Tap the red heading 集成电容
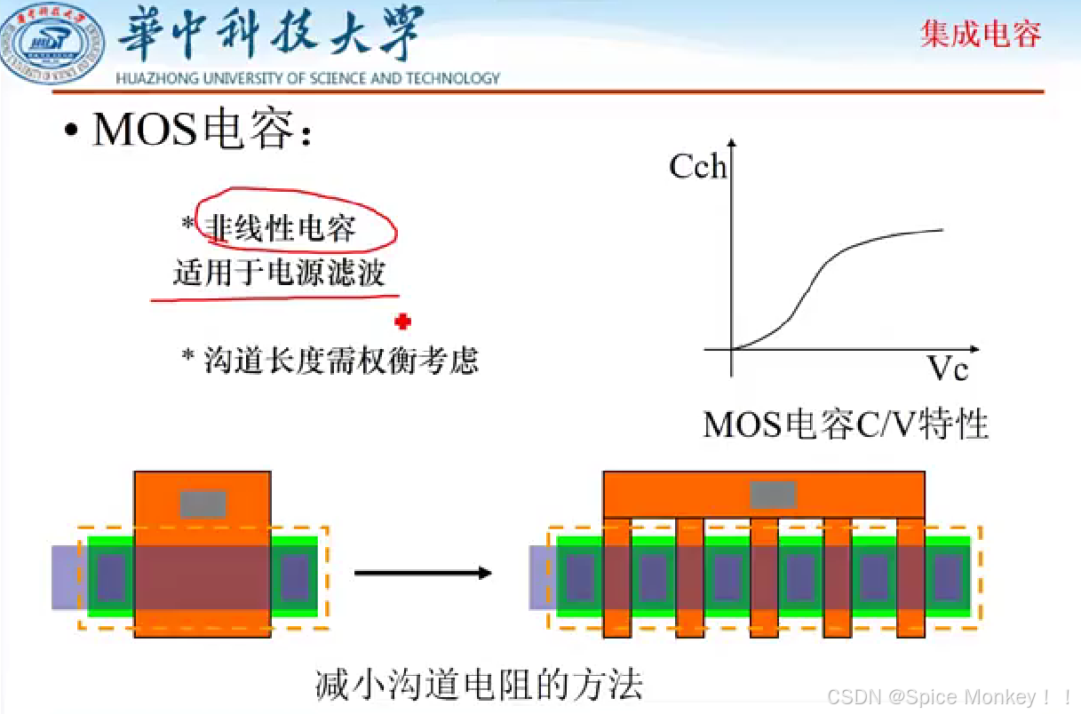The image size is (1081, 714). (x=981, y=35)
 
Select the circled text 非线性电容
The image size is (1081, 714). (x=281, y=228)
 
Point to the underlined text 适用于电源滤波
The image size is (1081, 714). (x=279, y=273)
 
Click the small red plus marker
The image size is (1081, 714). (x=402, y=321)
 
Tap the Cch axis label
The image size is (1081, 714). (x=698, y=166)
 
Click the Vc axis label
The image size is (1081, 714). (x=948, y=368)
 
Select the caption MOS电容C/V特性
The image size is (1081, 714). (x=845, y=424)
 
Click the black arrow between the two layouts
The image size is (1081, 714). (x=423, y=573)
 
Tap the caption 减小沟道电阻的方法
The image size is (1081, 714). (x=479, y=685)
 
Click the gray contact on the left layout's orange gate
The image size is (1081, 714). (x=203, y=504)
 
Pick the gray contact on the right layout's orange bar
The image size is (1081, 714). (x=772, y=495)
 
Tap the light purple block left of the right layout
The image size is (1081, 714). (x=541, y=576)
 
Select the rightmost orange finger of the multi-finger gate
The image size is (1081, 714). (x=910, y=577)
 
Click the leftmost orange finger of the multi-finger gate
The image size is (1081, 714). (x=617, y=577)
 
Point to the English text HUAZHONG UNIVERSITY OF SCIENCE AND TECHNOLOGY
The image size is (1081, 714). (x=307, y=78)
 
